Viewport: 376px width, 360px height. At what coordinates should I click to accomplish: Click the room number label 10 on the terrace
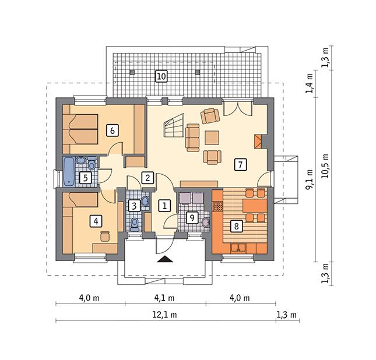(161, 76)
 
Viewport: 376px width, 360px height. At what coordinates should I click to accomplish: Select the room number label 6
(111, 130)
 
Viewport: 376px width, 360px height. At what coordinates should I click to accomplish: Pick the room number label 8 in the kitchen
(236, 225)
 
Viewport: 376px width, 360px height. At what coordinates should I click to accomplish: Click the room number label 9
(191, 218)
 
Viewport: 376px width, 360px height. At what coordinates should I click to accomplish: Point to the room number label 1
(164, 205)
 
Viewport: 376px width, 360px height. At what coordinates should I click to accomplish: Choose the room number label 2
(148, 177)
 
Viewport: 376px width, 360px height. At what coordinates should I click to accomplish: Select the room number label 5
(85, 177)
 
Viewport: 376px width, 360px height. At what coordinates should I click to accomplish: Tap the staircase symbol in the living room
(174, 125)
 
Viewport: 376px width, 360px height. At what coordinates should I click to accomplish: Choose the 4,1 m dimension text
(165, 298)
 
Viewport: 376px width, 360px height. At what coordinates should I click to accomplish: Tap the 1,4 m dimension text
(310, 82)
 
